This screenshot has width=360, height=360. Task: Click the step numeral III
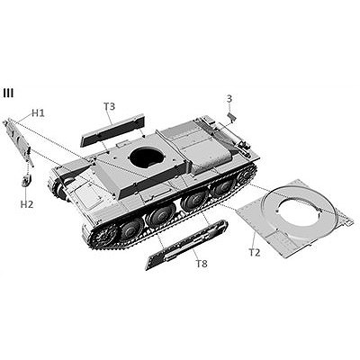pos(8,93)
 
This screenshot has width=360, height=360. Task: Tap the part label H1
pos(38,113)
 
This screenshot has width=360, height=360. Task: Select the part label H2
pos(27,204)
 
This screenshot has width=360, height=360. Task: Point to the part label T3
pos(110,106)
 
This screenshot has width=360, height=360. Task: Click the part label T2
pos(255,253)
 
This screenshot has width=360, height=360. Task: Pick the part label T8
pos(202,264)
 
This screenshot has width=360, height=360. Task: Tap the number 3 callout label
pos(229,99)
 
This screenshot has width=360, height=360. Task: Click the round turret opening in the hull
pos(147,154)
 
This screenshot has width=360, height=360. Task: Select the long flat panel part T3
pos(112,130)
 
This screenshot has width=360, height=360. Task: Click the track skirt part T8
pos(186,245)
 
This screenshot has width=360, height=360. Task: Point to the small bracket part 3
pos(231,117)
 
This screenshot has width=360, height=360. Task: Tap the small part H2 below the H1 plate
pos(26,181)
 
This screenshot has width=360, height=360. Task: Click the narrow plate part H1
pos(18,141)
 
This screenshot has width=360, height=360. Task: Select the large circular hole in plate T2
pos(297,211)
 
